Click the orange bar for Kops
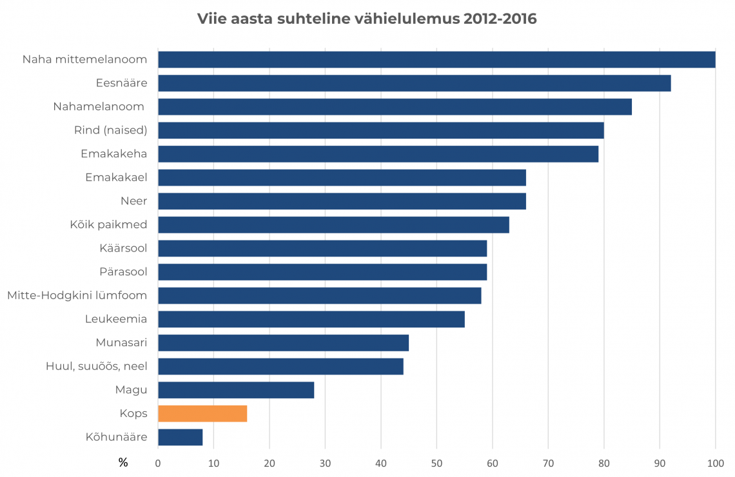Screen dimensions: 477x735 tap(202, 413)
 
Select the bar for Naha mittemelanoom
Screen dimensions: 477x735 tap(436, 59)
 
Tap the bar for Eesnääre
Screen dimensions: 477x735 tap(414, 83)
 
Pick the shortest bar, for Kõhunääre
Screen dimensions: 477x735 tap(180, 437)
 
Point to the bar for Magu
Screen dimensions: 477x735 tap(236, 390)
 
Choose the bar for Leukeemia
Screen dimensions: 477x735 tap(311, 319)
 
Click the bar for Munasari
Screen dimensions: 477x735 tap(283, 342)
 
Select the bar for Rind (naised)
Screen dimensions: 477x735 tap(380, 130)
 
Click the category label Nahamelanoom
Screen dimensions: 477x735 tap(99, 106)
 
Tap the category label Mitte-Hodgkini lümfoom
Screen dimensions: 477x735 tap(77, 295)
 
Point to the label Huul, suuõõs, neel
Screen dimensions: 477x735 tap(96, 366)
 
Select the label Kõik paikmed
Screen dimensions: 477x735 tap(108, 224)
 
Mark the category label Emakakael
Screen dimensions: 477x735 tap(116, 177)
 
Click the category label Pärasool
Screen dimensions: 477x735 tap(123, 271)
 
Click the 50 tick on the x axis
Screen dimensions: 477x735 tap(436, 462)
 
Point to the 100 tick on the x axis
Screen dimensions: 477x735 tap(715, 462)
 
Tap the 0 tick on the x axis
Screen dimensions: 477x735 tap(158, 462)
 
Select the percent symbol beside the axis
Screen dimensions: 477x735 tap(123, 462)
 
